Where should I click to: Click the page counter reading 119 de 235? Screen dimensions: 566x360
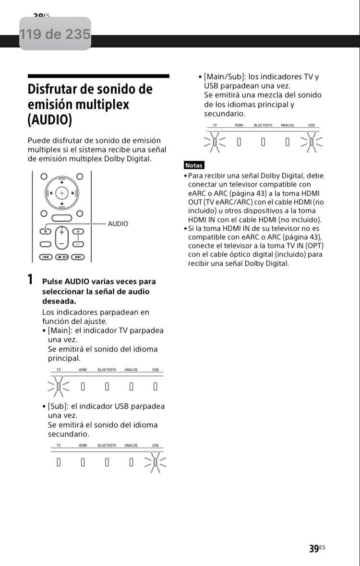tap(55, 34)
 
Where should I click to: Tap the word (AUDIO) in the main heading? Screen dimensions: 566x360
tap(49, 119)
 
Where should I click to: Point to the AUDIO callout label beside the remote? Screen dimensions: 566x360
tap(118, 224)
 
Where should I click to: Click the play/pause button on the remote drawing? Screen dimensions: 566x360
tap(62, 257)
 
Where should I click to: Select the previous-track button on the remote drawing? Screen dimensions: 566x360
tap(46, 257)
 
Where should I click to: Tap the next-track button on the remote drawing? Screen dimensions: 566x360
tap(78, 257)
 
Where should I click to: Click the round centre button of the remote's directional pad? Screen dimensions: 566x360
tap(62, 193)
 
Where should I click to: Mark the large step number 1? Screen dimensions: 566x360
tap(30, 280)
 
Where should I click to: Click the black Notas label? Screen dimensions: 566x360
tap(194, 165)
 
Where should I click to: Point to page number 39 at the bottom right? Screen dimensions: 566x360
tap(314, 549)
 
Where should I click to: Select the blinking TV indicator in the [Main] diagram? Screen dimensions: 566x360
tap(59, 386)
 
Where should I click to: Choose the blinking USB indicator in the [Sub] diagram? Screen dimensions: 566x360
tap(156, 462)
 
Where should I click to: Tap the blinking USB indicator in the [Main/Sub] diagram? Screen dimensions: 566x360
tap(312, 141)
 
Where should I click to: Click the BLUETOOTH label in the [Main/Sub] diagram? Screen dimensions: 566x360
tap(263, 125)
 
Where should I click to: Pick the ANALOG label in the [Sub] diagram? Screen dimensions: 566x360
tap(131, 446)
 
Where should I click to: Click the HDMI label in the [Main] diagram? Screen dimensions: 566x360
tap(83, 370)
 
